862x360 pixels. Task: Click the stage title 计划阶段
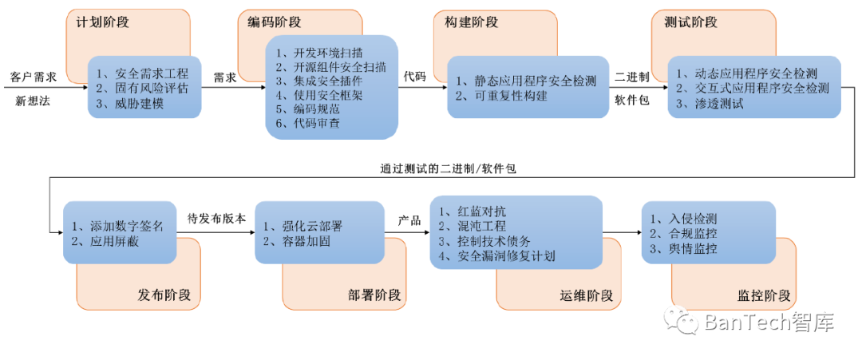[x=102, y=22]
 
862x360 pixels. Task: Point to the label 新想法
[x=33, y=101]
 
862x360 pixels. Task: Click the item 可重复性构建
[x=511, y=96]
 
